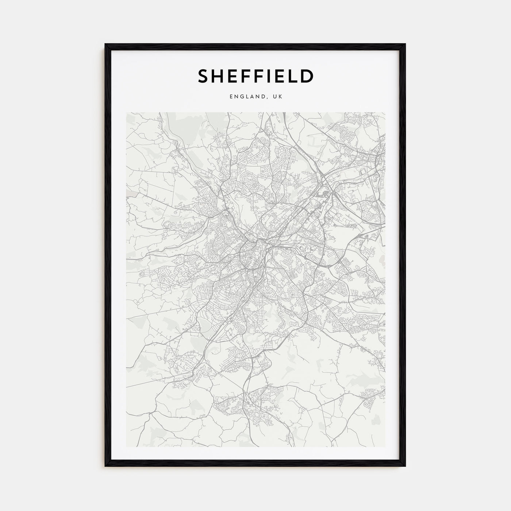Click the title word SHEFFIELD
click(x=255, y=76)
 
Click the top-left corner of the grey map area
click(x=126, y=112)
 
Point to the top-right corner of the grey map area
click(x=385, y=112)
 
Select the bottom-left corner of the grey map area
click(x=126, y=447)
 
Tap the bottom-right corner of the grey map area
click(x=385, y=447)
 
